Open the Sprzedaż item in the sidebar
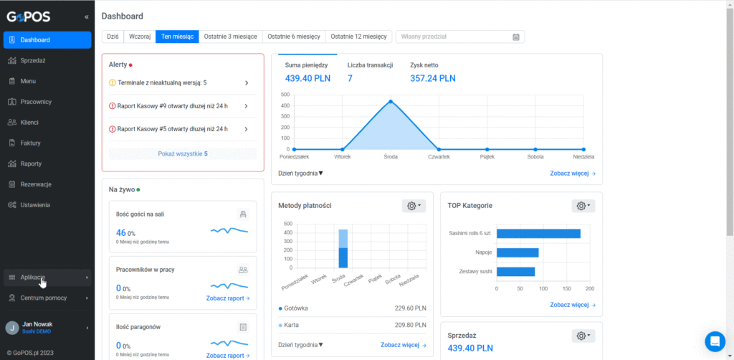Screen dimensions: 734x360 (x=32, y=60)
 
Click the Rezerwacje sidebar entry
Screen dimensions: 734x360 (x=36, y=184)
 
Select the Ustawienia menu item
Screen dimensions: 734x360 (x=34, y=204)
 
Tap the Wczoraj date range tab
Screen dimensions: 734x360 (x=140, y=37)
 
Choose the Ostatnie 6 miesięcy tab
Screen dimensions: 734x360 (x=294, y=37)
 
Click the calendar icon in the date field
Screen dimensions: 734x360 (x=516, y=37)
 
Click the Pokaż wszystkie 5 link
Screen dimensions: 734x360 (x=183, y=153)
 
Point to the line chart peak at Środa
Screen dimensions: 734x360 (x=391, y=102)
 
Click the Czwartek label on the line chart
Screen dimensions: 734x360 (x=439, y=157)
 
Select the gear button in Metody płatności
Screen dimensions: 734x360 (x=414, y=206)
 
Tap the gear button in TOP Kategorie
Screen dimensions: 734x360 (x=583, y=206)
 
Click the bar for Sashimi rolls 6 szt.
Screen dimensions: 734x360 (x=538, y=234)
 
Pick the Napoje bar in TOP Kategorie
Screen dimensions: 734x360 (x=518, y=253)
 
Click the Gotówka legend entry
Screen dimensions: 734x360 (x=293, y=308)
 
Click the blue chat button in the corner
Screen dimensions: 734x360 (x=715, y=341)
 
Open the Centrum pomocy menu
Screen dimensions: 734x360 (x=44, y=298)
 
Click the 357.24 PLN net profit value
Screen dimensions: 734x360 (x=432, y=78)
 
